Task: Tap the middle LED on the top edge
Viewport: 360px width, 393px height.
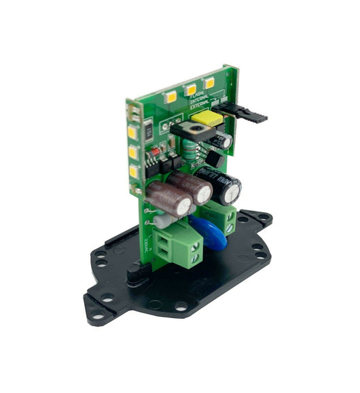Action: (x=191, y=89)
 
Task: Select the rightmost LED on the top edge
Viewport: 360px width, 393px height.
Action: (x=209, y=82)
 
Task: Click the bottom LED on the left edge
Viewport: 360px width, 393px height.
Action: (x=134, y=171)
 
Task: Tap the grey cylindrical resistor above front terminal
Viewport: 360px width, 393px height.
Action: (x=162, y=221)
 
